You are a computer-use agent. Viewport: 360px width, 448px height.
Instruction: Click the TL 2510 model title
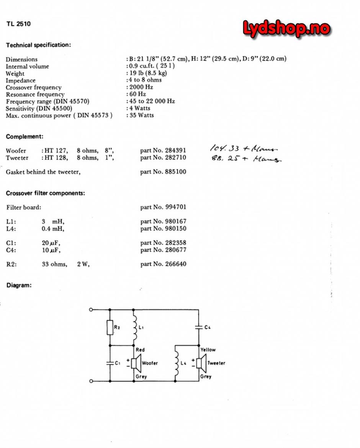click(x=18, y=24)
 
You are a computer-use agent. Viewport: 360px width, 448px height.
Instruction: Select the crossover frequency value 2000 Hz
click(x=142, y=87)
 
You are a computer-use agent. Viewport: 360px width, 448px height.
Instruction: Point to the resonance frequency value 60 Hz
click(x=137, y=94)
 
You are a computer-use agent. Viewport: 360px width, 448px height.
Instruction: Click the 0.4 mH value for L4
click(x=53, y=229)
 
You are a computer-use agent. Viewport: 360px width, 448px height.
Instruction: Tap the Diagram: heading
click(x=19, y=285)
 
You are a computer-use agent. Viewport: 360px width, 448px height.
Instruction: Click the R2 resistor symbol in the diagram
click(x=110, y=328)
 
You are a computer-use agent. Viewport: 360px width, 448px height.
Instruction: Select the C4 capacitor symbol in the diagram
click(x=199, y=327)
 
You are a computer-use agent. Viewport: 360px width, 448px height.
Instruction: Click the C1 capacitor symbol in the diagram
click(x=110, y=363)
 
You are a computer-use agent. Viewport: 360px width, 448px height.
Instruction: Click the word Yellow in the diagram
click(x=208, y=350)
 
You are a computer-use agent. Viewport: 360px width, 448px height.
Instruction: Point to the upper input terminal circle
click(x=91, y=309)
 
